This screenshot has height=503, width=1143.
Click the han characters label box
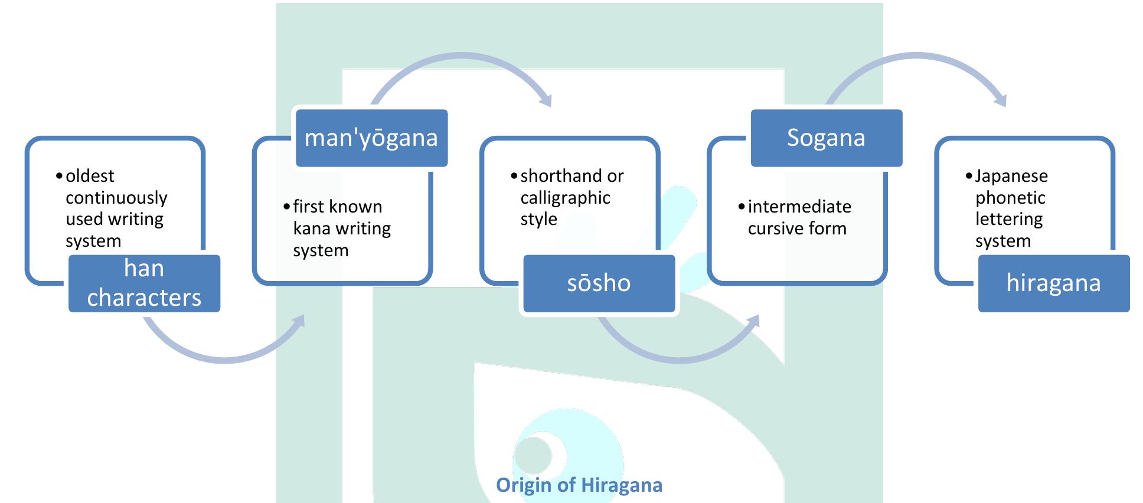[144, 283]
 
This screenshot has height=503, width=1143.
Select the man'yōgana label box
[371, 138]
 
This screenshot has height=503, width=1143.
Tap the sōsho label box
[599, 283]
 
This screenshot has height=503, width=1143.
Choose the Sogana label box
[826, 138]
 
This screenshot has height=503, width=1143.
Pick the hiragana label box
[1053, 283]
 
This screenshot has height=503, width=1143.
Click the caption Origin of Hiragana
[579, 485]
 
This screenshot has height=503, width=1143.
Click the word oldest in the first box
[90, 176]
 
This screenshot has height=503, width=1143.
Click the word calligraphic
[565, 198]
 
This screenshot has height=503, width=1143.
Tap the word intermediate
[799, 207]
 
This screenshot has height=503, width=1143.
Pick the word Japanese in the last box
[1011, 176]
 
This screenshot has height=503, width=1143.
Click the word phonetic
[1010, 198]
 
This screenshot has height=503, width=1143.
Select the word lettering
[1009, 219]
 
